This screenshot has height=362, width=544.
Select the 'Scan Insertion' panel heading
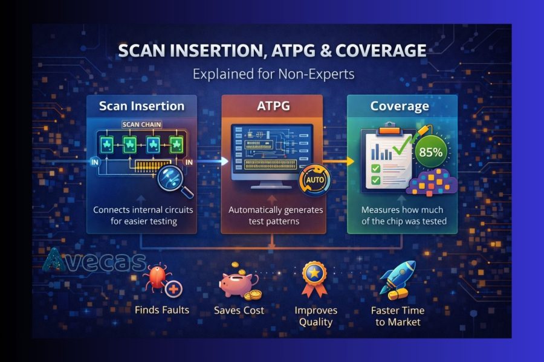[141, 106]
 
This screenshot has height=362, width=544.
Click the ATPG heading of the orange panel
[274, 106]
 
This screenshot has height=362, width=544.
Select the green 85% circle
[430, 152]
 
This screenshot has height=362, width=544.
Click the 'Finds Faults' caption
[162, 310]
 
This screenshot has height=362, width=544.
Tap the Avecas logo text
[94, 261]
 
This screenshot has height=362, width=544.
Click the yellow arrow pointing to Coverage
[340, 162]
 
